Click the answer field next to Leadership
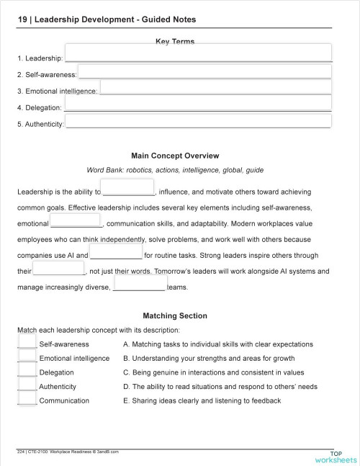click(198, 53)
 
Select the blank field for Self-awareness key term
click(204, 71)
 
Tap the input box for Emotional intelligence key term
click(215, 87)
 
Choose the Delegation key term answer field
click(198, 103)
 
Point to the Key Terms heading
click(175, 42)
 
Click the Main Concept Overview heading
click(175, 156)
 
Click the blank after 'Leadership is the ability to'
click(128, 188)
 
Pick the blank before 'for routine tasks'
click(116, 255)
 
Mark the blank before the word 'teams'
click(139, 287)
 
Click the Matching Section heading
click(175, 315)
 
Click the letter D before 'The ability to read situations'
click(126, 387)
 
